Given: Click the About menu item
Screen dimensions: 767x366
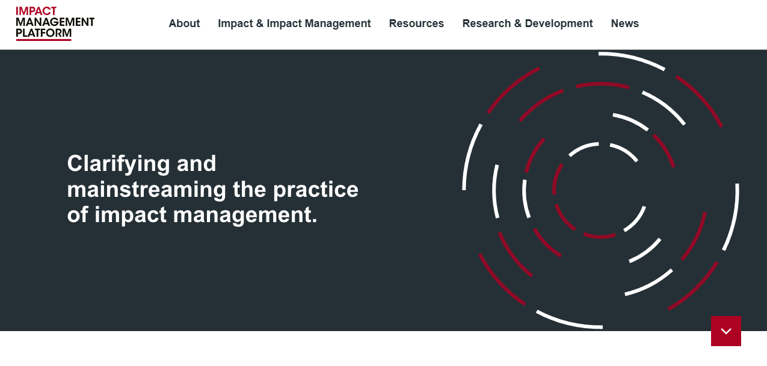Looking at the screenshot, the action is pyautogui.click(x=184, y=23).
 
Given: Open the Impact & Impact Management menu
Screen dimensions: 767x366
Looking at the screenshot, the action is pyautogui.click(x=294, y=23).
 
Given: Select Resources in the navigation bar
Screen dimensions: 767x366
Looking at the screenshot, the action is pyautogui.click(x=416, y=23).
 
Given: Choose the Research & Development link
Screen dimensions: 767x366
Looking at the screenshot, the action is pyautogui.click(x=528, y=23).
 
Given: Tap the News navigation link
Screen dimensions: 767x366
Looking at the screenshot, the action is pyautogui.click(x=625, y=23).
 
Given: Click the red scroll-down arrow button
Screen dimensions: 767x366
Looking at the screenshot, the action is pyautogui.click(x=726, y=331).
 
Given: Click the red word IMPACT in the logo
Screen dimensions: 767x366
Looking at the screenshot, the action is pyautogui.click(x=36, y=11).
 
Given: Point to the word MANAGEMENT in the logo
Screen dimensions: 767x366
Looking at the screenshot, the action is pyautogui.click(x=55, y=22).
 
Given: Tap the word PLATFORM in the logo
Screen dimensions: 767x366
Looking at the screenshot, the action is pyautogui.click(x=43, y=33).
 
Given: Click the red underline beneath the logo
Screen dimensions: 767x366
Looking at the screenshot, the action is pyautogui.click(x=43, y=40).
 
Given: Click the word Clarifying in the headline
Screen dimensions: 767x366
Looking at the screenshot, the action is pyautogui.click(x=118, y=164).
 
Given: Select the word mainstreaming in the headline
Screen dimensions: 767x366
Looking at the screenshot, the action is pyautogui.click(x=147, y=190).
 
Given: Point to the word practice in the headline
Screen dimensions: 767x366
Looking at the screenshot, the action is pyautogui.click(x=315, y=190).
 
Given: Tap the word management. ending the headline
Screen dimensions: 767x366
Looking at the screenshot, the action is pyautogui.click(x=245, y=216).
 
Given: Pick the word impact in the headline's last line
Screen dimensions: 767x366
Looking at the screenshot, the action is pyautogui.click(x=131, y=216).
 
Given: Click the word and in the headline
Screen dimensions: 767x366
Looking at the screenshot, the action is pyautogui.click(x=196, y=164).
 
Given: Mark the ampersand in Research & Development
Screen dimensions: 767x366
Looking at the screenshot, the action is pyautogui.click(x=518, y=23).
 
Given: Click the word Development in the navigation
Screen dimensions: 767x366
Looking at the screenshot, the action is pyautogui.click(x=559, y=24).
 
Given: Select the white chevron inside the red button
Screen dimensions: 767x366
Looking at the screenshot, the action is pyautogui.click(x=726, y=331).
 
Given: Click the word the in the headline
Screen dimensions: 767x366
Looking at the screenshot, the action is pyautogui.click(x=249, y=189).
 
